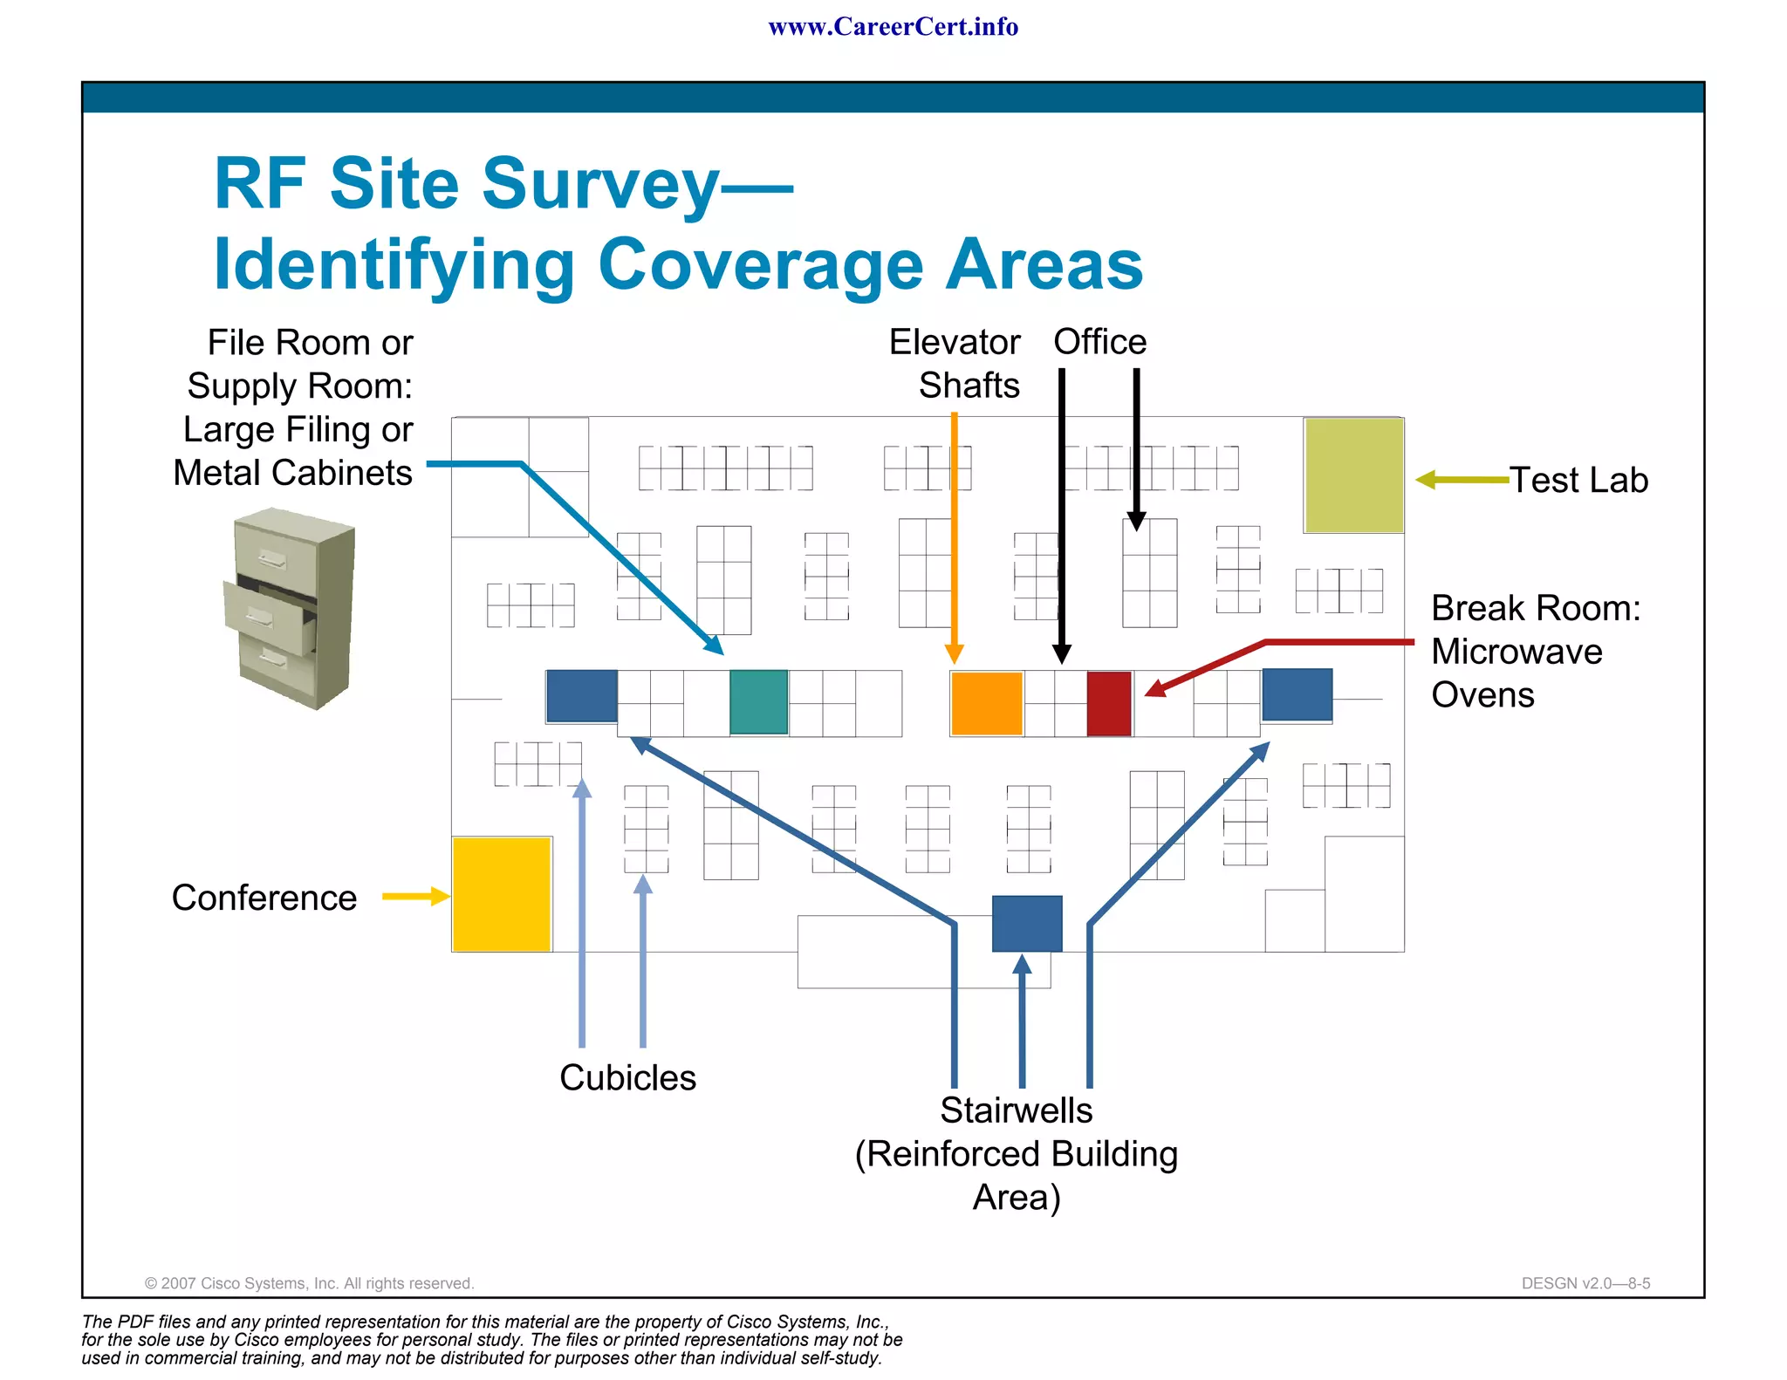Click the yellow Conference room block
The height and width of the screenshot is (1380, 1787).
(502, 894)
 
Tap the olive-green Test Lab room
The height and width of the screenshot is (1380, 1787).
(1353, 475)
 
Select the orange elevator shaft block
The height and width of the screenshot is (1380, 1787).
(987, 703)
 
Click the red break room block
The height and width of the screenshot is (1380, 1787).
(1109, 703)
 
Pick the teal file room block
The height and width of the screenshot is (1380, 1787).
(758, 701)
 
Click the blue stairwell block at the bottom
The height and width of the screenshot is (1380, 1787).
(1027, 923)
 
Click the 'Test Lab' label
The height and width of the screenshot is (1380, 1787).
(1578, 480)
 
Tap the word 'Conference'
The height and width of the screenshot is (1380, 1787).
(264, 898)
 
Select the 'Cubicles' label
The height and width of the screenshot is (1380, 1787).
(627, 1077)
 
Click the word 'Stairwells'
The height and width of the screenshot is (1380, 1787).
(1016, 1110)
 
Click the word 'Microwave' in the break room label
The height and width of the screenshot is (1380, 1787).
(1517, 652)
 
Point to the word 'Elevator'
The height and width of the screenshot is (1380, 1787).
(955, 342)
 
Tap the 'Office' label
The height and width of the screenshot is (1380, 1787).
(1099, 341)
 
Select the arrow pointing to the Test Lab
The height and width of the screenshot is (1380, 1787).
(1462, 479)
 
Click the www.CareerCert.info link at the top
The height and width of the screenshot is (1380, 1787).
(893, 27)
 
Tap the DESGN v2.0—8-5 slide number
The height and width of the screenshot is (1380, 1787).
(1585, 1283)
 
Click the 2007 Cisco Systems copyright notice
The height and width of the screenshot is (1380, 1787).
(309, 1283)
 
